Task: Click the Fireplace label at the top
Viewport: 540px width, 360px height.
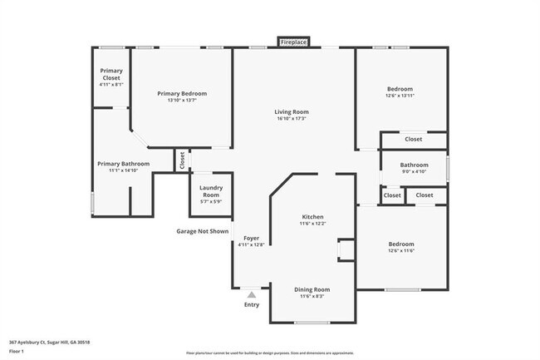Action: coord(293,42)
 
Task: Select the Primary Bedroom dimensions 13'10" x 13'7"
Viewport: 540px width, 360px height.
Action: coord(182,101)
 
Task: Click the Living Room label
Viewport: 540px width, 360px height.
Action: coord(292,111)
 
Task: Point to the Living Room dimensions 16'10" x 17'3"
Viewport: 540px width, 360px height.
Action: coord(292,120)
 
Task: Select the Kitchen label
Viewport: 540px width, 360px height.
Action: coord(312,217)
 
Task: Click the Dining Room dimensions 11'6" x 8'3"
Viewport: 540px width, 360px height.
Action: coord(312,296)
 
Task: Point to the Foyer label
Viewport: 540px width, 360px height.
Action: coord(251,238)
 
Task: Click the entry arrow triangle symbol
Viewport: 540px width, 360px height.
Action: coord(251,293)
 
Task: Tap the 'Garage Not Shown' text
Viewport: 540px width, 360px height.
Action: coord(201,231)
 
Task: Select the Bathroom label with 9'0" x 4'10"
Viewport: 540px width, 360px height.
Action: coord(414,165)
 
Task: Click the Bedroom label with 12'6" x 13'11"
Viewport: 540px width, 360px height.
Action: coord(400,89)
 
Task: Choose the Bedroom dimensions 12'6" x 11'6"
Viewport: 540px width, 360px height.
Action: coord(400,251)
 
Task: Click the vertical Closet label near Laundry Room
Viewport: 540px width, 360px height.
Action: coord(182,160)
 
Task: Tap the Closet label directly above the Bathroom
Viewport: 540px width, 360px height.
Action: coord(413,139)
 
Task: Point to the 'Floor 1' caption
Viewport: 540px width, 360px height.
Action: coord(17,353)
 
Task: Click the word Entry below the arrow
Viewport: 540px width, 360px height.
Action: coord(251,305)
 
